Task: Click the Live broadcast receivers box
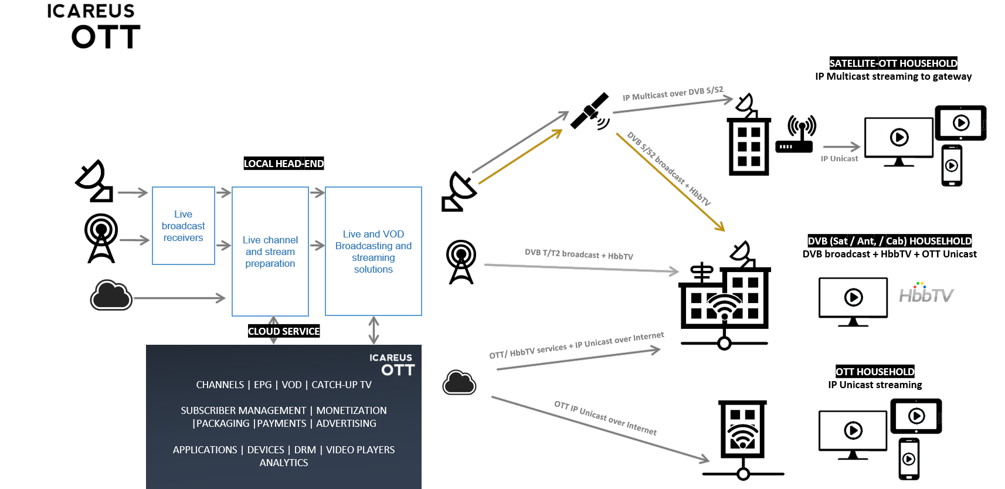[183, 226]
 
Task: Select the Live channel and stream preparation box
[270, 252]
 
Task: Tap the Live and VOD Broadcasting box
[374, 252]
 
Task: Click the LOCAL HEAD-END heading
[284, 164]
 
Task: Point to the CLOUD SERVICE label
[284, 331]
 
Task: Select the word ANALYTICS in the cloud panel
[284, 463]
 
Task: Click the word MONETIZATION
[351, 410]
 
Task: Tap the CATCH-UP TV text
[341, 385]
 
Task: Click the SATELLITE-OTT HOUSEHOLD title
[893, 63]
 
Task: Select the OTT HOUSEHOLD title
[875, 372]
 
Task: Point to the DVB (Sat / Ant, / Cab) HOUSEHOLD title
[889, 241]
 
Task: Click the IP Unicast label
[839, 158]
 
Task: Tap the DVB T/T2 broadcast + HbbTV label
[579, 254]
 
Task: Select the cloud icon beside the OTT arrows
[459, 383]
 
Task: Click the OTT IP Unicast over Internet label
[605, 417]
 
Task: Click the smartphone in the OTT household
[909, 459]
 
